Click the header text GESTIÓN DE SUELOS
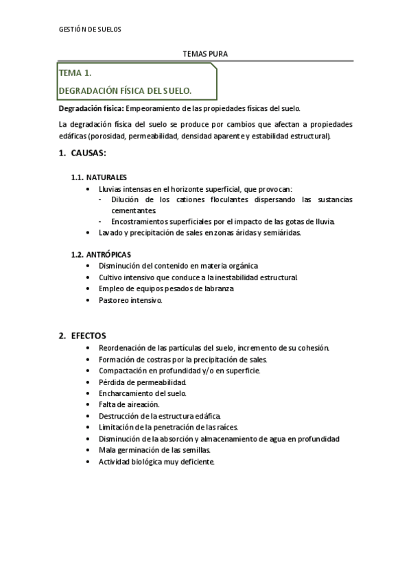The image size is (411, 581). (89, 30)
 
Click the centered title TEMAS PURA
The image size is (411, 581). (205, 53)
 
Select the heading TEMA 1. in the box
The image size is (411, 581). (75, 73)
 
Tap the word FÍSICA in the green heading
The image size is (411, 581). (134, 90)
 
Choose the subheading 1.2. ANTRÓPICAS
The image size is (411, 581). (101, 254)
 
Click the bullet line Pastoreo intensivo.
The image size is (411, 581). (130, 300)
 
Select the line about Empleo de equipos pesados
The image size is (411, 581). (166, 288)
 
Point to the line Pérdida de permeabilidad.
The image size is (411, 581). (143, 382)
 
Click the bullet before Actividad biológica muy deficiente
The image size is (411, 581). (90, 462)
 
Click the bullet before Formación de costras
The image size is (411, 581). (90, 359)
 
